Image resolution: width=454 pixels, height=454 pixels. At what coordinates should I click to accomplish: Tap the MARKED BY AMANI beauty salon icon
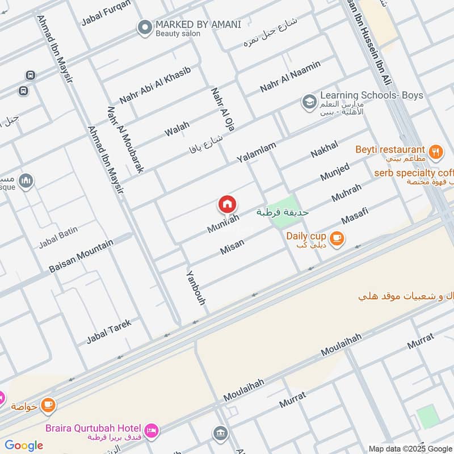[145, 27]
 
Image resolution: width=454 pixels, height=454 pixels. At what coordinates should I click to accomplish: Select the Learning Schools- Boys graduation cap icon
[309, 102]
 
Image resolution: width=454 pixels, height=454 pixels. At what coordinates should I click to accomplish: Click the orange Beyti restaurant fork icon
[435, 151]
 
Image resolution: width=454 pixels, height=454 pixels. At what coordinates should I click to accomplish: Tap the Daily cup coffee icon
[337, 238]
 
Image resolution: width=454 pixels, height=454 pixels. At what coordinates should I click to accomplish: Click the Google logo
[24, 445]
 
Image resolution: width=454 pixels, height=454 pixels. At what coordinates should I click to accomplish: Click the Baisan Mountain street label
[82, 255]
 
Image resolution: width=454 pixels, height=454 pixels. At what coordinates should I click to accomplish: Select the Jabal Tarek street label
[109, 331]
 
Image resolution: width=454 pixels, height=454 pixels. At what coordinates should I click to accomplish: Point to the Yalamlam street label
[257, 152]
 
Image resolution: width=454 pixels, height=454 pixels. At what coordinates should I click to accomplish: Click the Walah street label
[177, 128]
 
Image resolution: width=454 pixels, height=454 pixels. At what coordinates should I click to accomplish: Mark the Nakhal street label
[324, 149]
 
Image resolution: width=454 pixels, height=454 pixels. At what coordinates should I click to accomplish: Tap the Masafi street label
[355, 215]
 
